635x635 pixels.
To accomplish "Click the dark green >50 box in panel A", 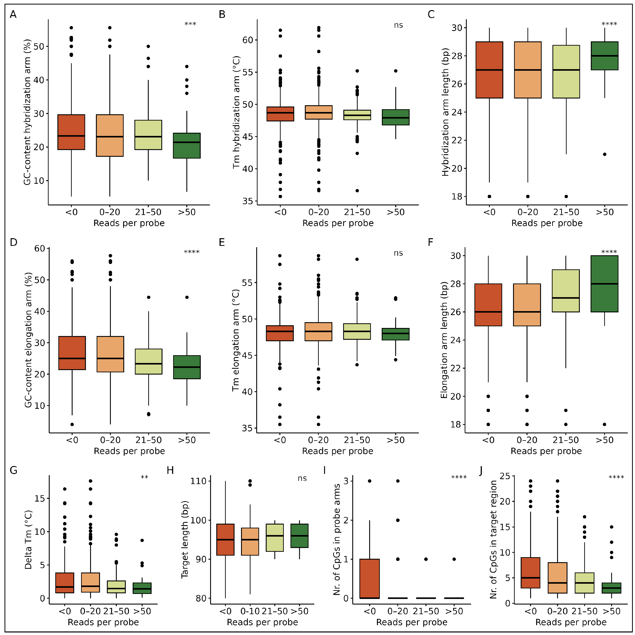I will [187, 146].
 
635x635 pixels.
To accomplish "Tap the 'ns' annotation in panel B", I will [398, 25].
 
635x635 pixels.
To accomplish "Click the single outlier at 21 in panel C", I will [604, 154].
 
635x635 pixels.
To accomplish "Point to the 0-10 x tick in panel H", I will [250, 611].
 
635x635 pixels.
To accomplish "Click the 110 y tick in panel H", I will [198, 481].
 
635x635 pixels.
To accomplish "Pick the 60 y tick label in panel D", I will [40, 248].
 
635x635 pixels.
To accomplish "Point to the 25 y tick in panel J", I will [505, 476].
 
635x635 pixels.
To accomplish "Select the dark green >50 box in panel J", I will [611, 588].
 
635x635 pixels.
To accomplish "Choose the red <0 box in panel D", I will [72, 353].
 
